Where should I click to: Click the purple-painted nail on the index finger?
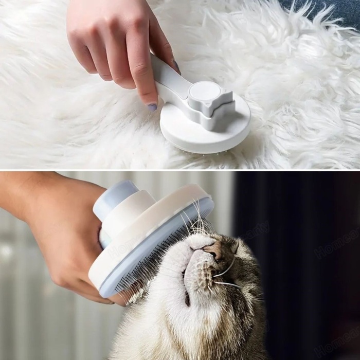click(152, 107)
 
